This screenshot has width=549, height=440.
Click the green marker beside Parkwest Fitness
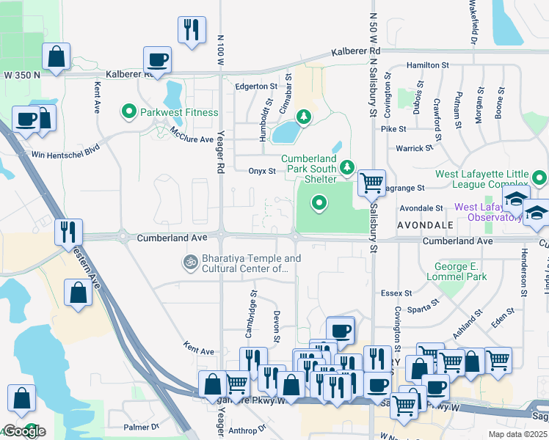pos(129,113)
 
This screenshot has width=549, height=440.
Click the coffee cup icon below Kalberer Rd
pos(158,59)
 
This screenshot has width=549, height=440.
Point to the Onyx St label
pos(261,172)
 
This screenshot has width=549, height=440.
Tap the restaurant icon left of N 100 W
pos(191,30)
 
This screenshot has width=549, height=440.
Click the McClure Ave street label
pos(192,135)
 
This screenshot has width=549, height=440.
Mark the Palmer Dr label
pos(141,427)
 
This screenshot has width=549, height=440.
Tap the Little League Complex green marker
pos(540,177)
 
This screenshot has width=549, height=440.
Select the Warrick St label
pos(415,148)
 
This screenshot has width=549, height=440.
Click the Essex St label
pos(396,293)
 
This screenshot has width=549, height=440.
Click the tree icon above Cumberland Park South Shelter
pos(302,117)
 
